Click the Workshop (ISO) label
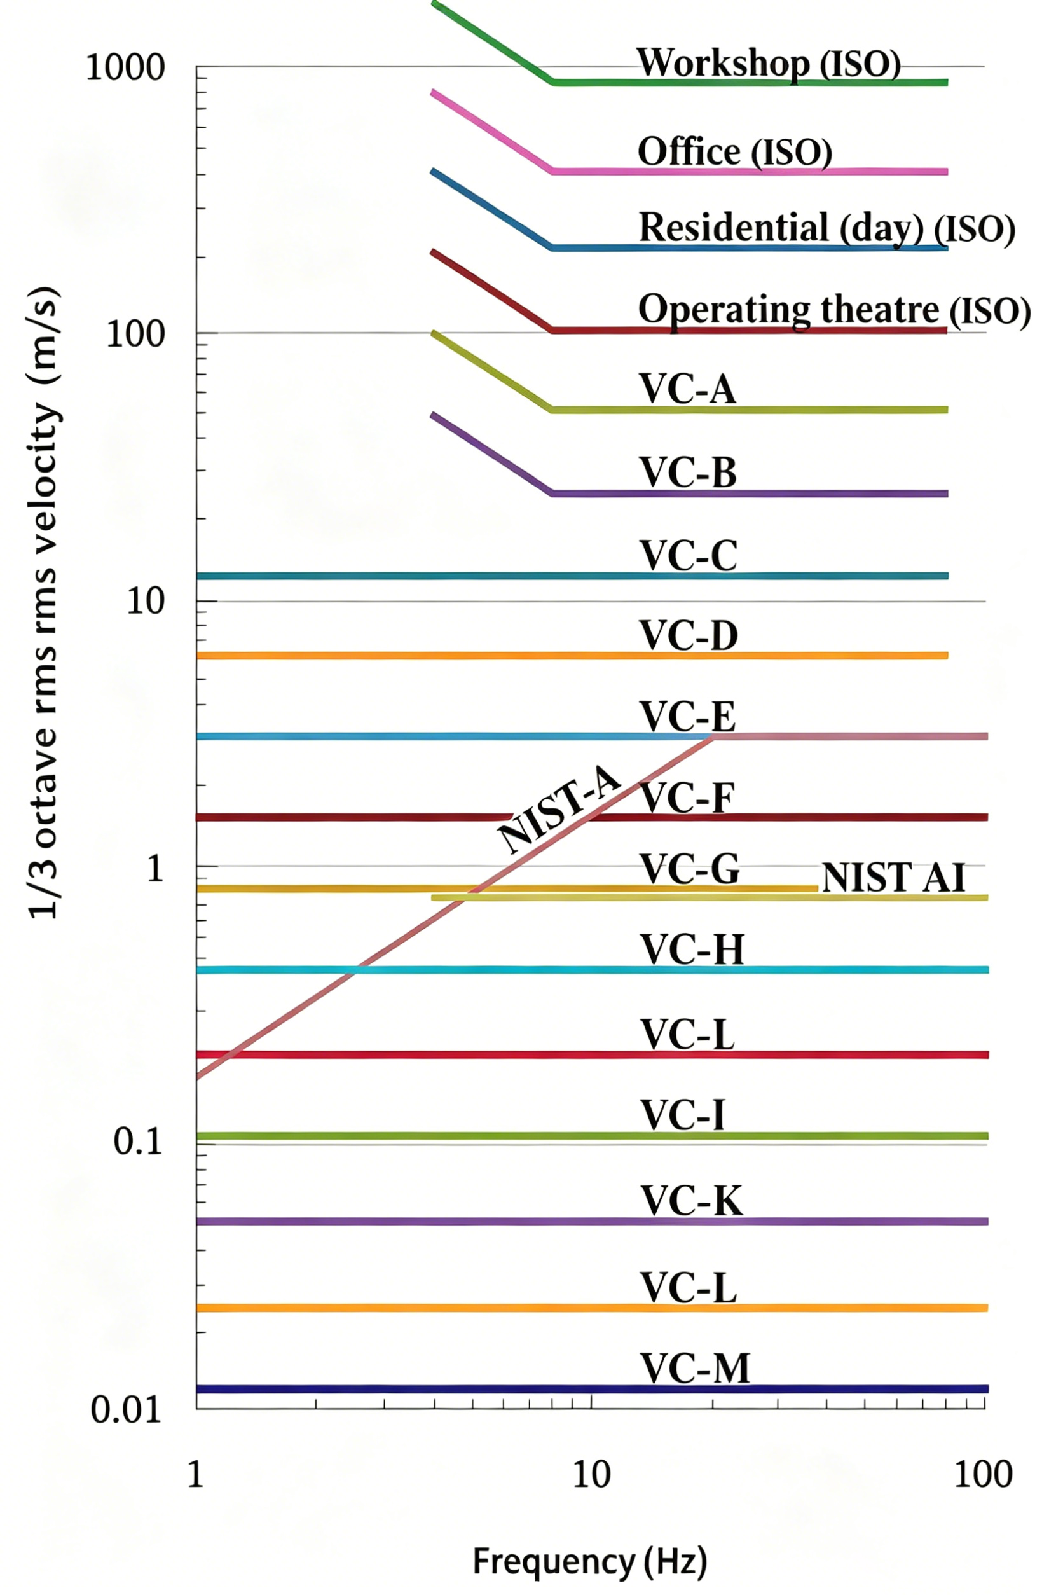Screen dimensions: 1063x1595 click(769, 64)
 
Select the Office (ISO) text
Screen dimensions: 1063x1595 click(735, 151)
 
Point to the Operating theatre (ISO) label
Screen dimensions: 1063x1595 click(835, 310)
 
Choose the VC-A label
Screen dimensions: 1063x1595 click(687, 389)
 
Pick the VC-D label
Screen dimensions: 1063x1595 click(689, 635)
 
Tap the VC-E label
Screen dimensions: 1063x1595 click(688, 716)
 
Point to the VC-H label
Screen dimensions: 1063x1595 click(692, 949)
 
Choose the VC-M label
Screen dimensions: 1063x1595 click(696, 1369)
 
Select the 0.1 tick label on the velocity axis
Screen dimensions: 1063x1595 click(139, 1142)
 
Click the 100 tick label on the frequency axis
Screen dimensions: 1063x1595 click(983, 1474)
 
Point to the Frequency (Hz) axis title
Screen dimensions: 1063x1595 click(590, 1562)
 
